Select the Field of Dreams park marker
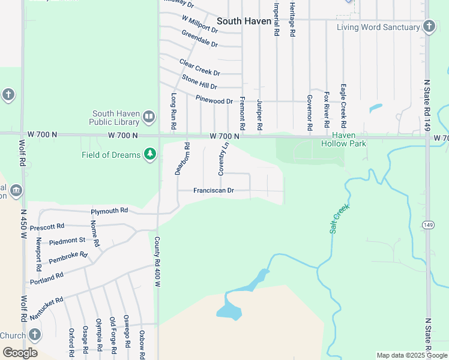click(x=149, y=155)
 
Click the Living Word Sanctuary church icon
click(x=429, y=26)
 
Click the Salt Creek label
click(x=340, y=219)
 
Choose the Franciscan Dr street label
click(x=213, y=191)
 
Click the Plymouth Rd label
click(x=109, y=211)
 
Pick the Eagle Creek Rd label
click(x=343, y=106)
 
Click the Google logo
click(x=20, y=353)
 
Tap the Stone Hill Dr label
click(x=199, y=82)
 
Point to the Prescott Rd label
click(x=47, y=227)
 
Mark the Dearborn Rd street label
click(x=182, y=158)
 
